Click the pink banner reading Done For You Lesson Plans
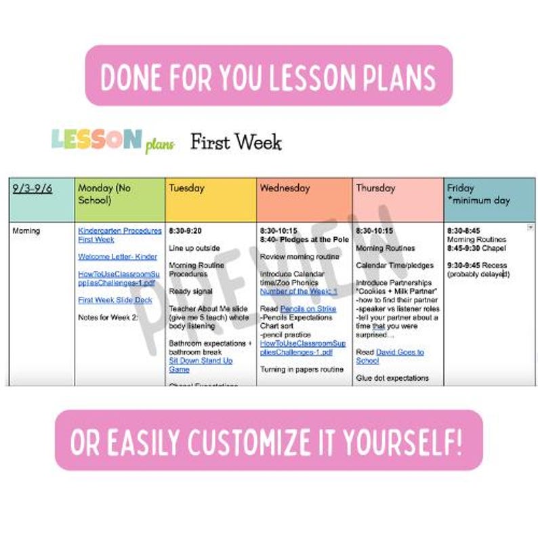[268, 75]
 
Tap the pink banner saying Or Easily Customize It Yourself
[268, 440]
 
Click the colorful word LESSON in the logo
[97, 140]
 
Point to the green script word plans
[160, 144]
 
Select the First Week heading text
[235, 142]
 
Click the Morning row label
[26, 231]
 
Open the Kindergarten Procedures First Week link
[119, 235]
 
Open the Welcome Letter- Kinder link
[117, 257]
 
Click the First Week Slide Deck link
[115, 300]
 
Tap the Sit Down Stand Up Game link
[200, 365]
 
